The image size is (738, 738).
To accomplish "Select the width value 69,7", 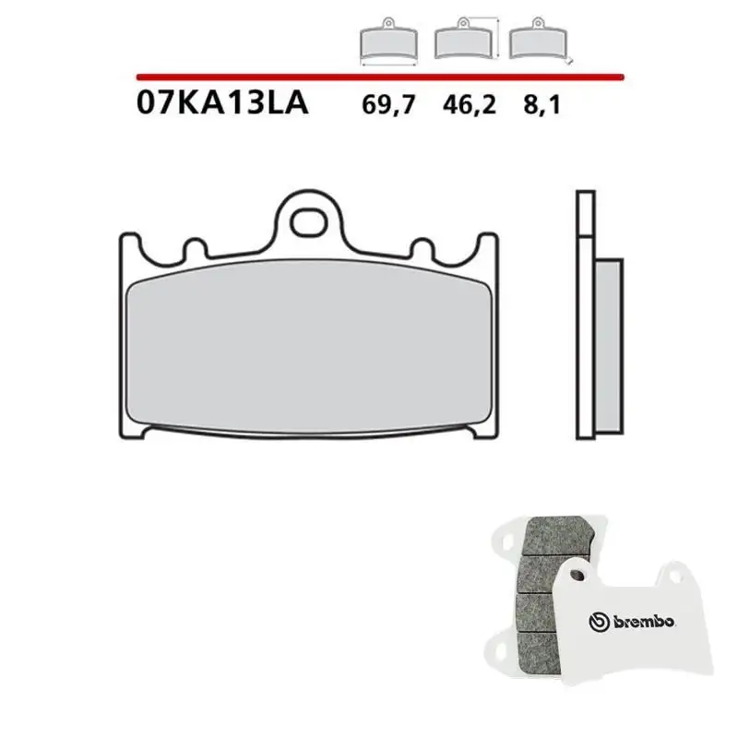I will [388, 104].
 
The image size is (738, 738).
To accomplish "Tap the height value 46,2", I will [469, 104].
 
